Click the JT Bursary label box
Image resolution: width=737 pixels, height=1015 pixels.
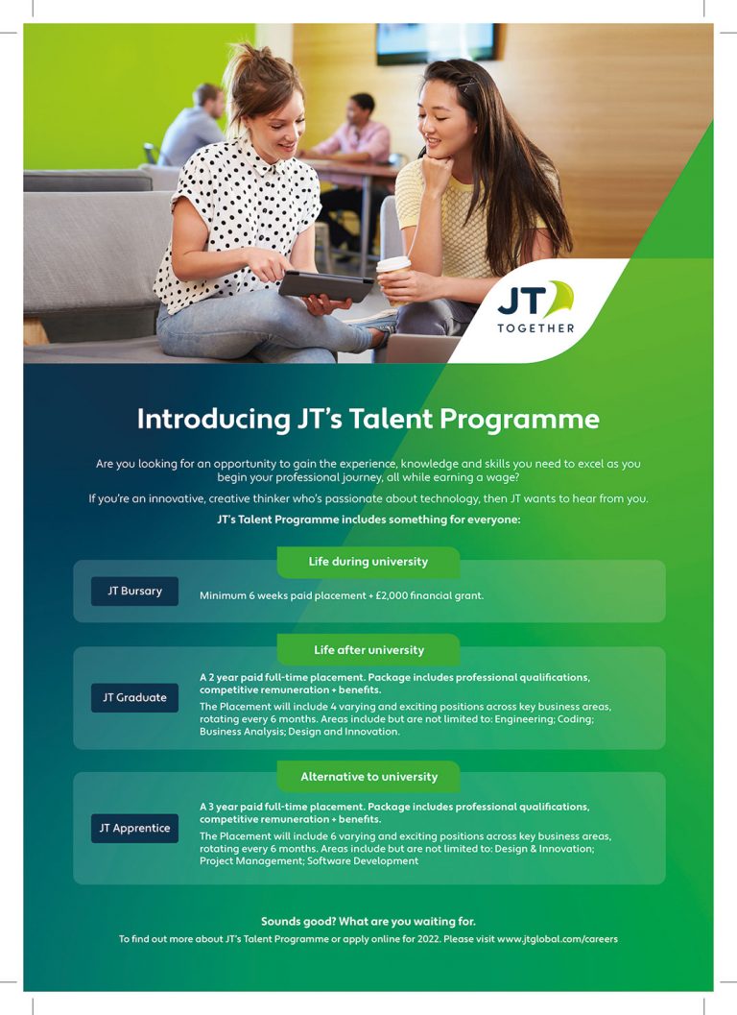tap(134, 591)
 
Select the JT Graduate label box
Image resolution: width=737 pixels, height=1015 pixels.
tap(134, 697)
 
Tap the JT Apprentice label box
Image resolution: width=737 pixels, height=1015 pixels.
tap(134, 828)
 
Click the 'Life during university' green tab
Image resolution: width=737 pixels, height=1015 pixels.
tap(368, 562)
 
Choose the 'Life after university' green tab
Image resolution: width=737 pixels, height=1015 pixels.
tap(368, 650)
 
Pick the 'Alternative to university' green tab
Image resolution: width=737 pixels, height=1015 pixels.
tap(368, 776)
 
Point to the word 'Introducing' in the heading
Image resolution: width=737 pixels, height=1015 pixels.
tap(214, 420)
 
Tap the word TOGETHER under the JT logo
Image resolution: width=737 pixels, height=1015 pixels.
tap(535, 328)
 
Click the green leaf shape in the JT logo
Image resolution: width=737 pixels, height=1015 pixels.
tap(561, 297)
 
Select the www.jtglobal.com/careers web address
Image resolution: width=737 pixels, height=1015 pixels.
tap(558, 938)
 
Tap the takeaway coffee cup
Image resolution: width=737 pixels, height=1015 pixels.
tap(394, 279)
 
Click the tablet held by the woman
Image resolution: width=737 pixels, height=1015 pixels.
tap(326, 285)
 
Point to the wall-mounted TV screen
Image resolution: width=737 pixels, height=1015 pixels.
tap(438, 42)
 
